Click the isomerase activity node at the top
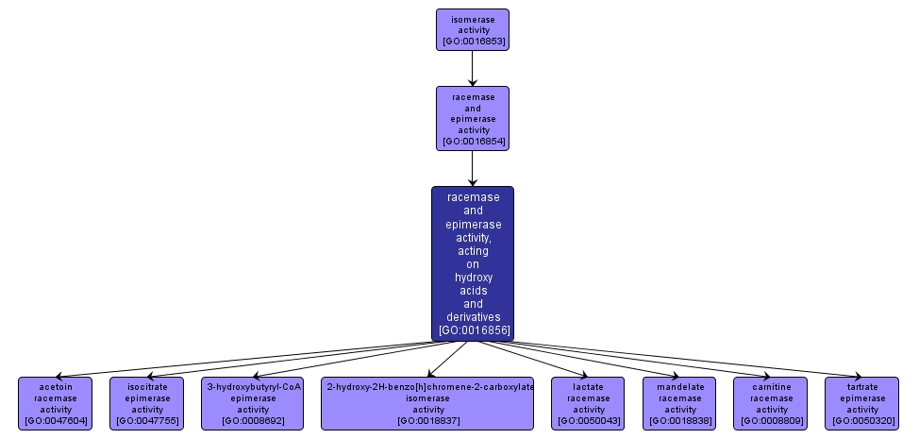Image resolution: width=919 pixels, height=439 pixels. click(472, 29)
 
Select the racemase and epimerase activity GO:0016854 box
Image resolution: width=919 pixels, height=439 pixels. click(472, 118)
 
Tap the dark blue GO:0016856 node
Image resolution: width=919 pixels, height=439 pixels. click(472, 263)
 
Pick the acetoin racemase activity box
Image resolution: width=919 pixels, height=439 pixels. click(56, 403)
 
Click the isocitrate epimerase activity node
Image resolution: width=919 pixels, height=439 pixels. click(147, 403)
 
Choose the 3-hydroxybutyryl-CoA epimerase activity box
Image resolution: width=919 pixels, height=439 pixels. click(253, 403)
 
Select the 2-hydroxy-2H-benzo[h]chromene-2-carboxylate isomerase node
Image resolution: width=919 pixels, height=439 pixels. click(428, 403)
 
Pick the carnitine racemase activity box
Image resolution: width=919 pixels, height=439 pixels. click(771, 403)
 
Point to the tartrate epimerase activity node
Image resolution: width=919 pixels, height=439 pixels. click(862, 403)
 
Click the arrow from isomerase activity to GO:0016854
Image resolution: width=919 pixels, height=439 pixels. click(472, 68)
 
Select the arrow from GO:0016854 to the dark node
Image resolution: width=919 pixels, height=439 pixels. click(472, 167)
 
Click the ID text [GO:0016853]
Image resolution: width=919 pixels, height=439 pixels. click(472, 42)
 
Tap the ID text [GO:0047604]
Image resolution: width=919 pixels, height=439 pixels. click(56, 420)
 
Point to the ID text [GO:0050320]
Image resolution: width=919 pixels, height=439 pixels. click(862, 420)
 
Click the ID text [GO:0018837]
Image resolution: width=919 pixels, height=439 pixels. click(428, 420)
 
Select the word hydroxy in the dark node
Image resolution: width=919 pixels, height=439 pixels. click(473, 278)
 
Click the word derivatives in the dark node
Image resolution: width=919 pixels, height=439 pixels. click(473, 317)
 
